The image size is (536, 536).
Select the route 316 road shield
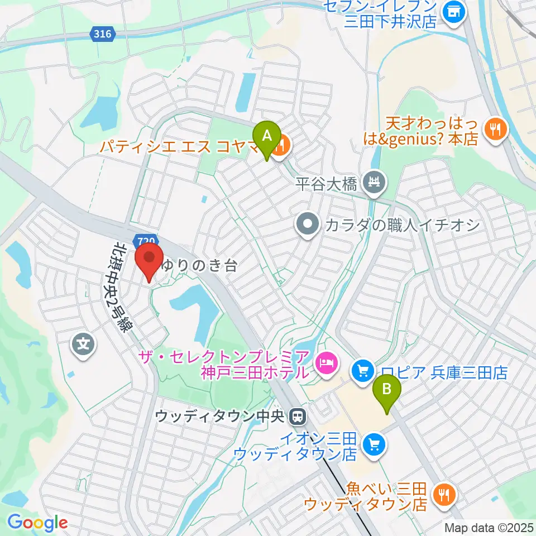102,34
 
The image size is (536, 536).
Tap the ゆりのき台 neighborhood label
199,266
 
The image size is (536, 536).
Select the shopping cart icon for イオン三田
373,444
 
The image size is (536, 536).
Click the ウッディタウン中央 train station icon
298,417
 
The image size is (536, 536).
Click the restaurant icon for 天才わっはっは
494,130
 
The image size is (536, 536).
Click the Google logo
38,523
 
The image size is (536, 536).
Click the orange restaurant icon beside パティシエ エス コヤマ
283,146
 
